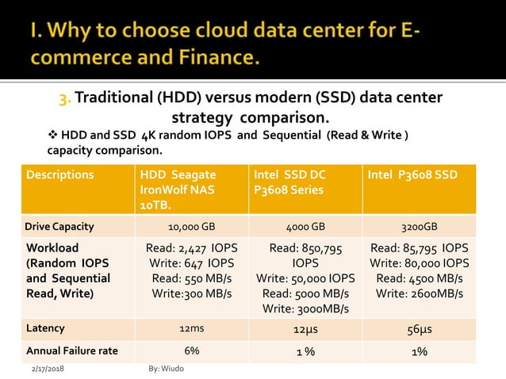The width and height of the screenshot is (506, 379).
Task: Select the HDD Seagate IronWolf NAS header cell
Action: point(178,189)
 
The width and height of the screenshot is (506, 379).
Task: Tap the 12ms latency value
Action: point(191,328)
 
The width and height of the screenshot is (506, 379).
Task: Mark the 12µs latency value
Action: point(305,328)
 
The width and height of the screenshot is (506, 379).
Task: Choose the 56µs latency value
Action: point(420,328)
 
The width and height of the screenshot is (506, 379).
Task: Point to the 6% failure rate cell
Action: point(191,350)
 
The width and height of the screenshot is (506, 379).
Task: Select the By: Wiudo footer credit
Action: point(166,369)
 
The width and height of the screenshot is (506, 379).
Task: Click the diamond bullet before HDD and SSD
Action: point(53,135)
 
